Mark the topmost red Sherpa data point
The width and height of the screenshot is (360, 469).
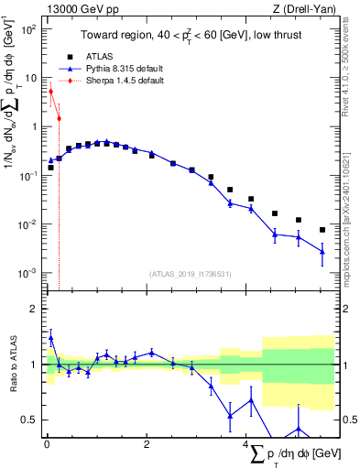tap(51, 92)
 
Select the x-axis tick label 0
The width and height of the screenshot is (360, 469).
tap(47, 445)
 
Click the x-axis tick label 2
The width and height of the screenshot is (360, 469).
tap(147, 445)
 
